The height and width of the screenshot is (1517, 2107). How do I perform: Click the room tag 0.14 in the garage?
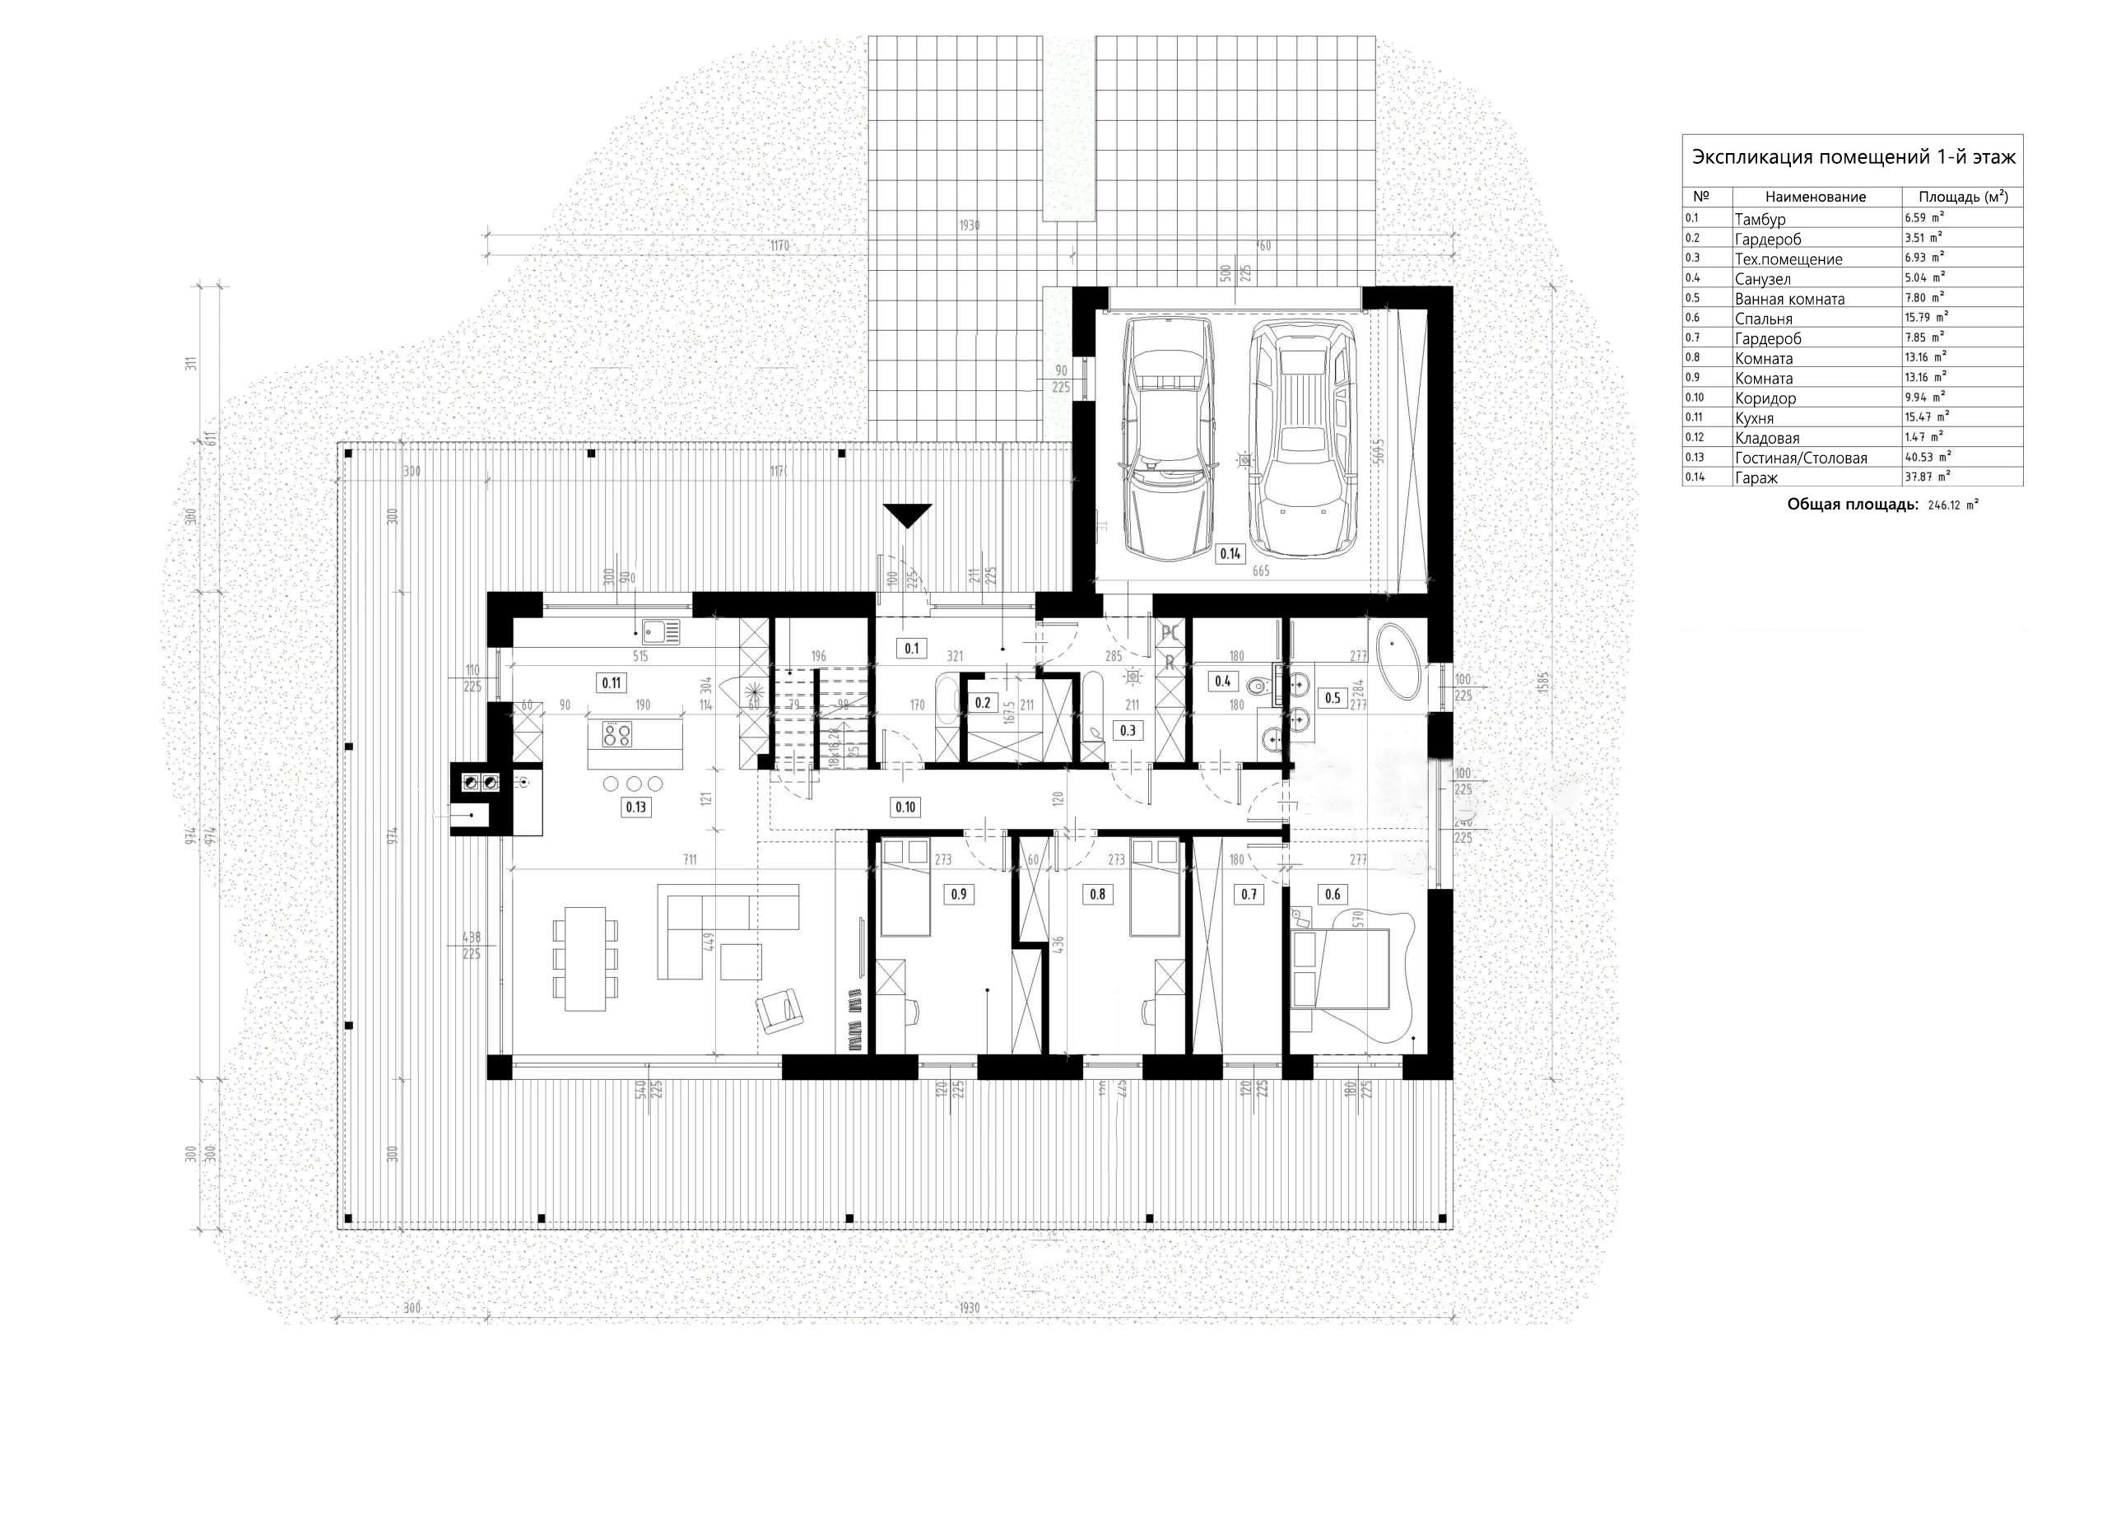1229,554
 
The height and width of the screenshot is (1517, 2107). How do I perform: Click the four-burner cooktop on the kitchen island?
616,736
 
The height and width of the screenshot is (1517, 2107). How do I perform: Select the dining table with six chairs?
585,959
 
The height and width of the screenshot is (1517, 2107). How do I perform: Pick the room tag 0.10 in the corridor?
905,807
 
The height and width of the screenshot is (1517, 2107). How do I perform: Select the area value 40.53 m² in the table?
1927,457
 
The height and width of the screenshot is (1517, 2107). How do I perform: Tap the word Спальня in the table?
1763,319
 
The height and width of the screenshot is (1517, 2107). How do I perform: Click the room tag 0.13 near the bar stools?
635,807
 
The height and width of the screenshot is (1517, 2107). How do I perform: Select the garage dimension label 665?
1260,571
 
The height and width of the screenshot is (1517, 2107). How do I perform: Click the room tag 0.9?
958,894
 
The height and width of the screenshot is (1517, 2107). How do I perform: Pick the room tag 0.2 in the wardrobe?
983,703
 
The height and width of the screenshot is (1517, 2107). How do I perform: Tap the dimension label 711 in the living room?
690,860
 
